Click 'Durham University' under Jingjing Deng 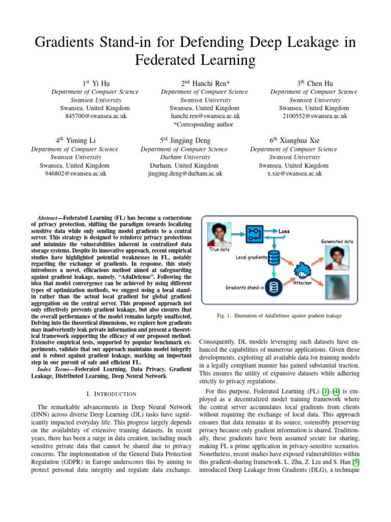coord(184,158)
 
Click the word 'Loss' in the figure coord(284,231)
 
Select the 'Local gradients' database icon coord(274,256)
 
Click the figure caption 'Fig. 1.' coord(225,316)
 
